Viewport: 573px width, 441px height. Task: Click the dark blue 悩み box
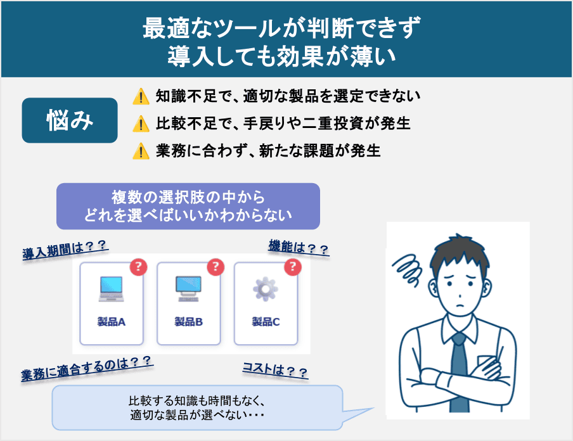(70, 120)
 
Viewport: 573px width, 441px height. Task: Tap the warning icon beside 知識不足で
(139, 96)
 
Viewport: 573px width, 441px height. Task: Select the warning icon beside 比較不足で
(139, 124)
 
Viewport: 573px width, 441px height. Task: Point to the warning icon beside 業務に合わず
(139, 151)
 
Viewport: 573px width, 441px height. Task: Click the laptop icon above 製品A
(112, 289)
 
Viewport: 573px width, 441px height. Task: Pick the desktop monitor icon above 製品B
(188, 288)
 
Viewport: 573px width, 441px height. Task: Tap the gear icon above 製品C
(266, 289)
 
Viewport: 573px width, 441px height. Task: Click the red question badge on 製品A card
(138, 267)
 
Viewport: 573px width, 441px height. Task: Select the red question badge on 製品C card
(292, 267)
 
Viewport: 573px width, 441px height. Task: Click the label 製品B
(188, 322)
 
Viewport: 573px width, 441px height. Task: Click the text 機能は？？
(299, 248)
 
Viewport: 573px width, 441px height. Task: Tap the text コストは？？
(275, 370)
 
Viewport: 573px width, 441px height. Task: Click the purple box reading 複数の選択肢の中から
(188, 207)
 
